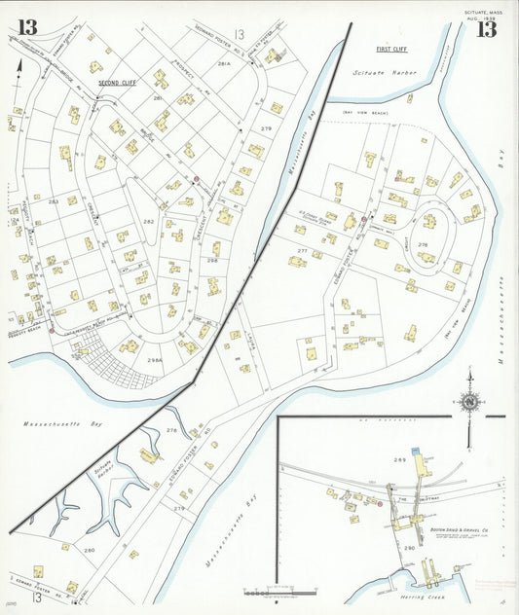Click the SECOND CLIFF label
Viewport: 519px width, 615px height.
click(116, 84)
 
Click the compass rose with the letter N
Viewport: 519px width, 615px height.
click(469, 401)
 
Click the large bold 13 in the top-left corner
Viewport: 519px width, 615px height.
click(27, 27)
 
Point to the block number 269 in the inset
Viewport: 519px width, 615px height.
click(398, 459)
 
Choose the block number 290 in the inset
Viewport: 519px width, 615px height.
click(409, 548)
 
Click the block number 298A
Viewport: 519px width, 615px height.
click(154, 361)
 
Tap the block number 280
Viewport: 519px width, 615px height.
click(90, 551)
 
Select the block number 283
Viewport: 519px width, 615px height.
click(55, 201)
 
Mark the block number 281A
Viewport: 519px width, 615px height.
click(223, 63)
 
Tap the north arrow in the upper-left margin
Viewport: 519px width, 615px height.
click(19, 68)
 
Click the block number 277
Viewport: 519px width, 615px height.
click(303, 251)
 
